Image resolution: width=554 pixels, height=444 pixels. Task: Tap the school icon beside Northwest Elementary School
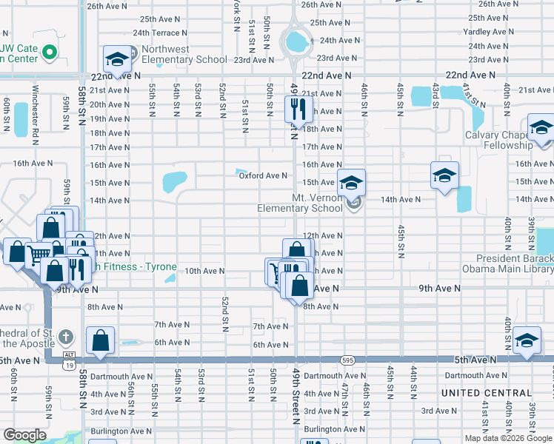point(116,60)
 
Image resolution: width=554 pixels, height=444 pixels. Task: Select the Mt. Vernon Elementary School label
point(300,203)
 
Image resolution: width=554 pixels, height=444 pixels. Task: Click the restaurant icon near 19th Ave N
point(296,110)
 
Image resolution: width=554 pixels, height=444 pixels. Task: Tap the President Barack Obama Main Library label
point(507,263)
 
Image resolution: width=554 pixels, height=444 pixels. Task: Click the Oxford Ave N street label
point(262,175)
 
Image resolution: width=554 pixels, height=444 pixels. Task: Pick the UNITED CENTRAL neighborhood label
point(487,393)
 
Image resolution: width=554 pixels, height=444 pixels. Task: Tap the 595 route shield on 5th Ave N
point(348,360)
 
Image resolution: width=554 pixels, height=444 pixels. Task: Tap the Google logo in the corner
point(24,435)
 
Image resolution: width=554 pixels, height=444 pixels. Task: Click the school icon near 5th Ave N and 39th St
point(527,340)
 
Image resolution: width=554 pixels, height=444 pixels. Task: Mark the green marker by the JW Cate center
point(50,52)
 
